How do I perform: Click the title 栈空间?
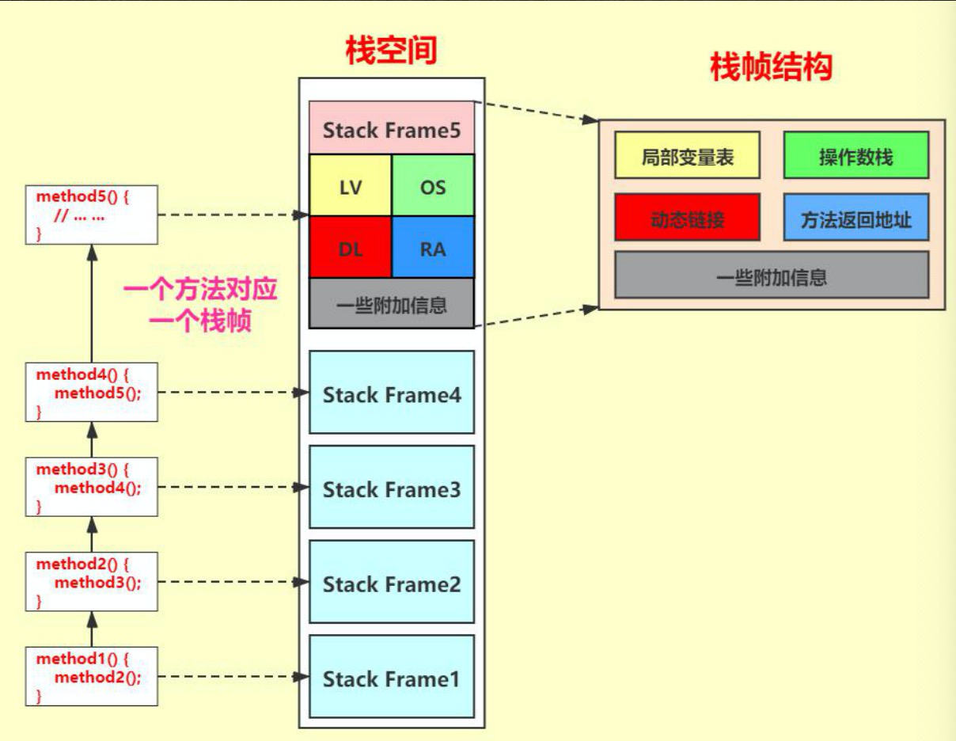pyautogui.click(x=391, y=51)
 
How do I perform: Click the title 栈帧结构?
pyautogui.click(x=771, y=68)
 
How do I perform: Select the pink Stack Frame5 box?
pyautogui.click(x=391, y=128)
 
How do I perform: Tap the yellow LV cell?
pyautogui.click(x=350, y=186)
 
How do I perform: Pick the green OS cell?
pyautogui.click(x=433, y=186)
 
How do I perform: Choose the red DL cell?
pyautogui.click(x=350, y=248)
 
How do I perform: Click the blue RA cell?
pyautogui.click(x=433, y=248)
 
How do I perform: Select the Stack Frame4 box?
pyautogui.click(x=391, y=393)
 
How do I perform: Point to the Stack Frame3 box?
pyautogui.click(x=391, y=488)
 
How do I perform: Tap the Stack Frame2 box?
pyautogui.click(x=391, y=583)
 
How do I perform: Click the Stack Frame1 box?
pyautogui.click(x=391, y=678)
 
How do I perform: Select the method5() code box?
pyautogui.click(x=91, y=215)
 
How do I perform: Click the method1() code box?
pyautogui.click(x=91, y=676)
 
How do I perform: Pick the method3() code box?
pyautogui.click(x=91, y=487)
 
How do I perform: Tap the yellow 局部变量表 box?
pyautogui.click(x=687, y=156)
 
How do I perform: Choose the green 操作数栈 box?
pyautogui.click(x=855, y=156)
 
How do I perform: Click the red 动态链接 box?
pyautogui.click(x=687, y=218)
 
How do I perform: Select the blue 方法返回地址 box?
pyautogui.click(x=855, y=218)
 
